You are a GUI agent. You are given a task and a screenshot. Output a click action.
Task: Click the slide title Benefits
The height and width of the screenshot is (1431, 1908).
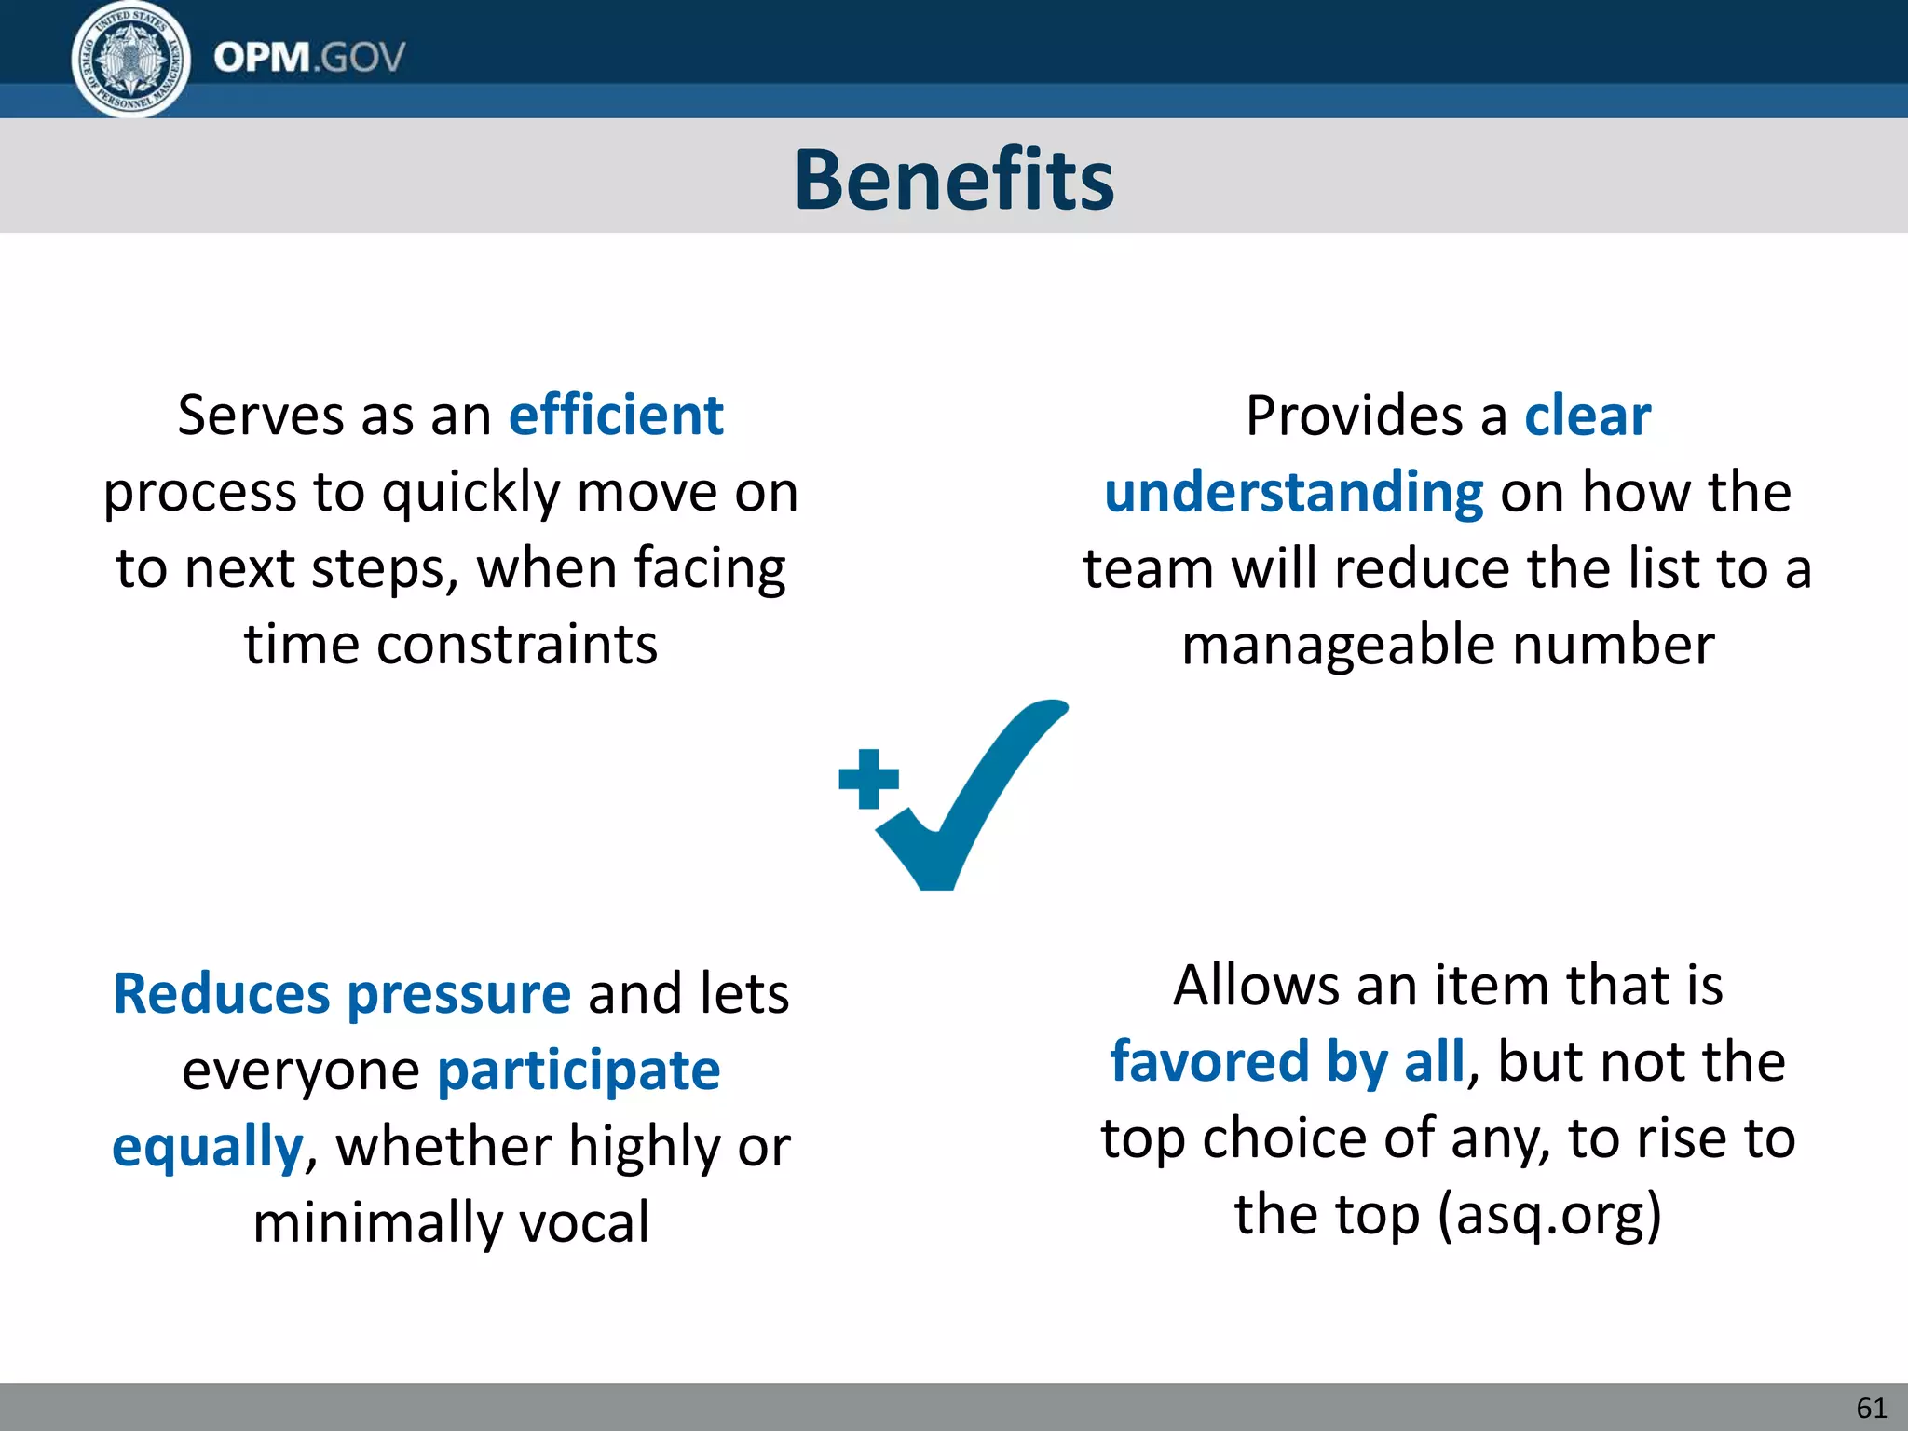(954, 179)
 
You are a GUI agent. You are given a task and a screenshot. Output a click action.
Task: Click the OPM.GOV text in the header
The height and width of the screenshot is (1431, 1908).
(309, 58)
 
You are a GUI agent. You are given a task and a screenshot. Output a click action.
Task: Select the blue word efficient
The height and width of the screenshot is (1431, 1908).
(616, 416)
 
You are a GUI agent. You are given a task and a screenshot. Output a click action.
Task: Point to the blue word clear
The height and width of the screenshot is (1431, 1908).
(1588, 416)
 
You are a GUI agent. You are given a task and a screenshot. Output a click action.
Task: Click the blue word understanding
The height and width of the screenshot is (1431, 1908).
(1293, 492)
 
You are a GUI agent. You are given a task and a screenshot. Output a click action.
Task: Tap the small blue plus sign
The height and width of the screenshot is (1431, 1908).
(868, 779)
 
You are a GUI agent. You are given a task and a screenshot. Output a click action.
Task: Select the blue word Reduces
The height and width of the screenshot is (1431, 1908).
(221, 993)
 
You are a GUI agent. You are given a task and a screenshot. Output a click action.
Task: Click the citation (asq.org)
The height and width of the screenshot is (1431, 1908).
(1549, 1215)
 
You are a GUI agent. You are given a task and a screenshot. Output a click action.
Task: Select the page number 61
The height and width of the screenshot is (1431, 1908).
(1871, 1408)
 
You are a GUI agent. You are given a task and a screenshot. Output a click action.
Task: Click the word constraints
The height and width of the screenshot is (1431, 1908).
(517, 645)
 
